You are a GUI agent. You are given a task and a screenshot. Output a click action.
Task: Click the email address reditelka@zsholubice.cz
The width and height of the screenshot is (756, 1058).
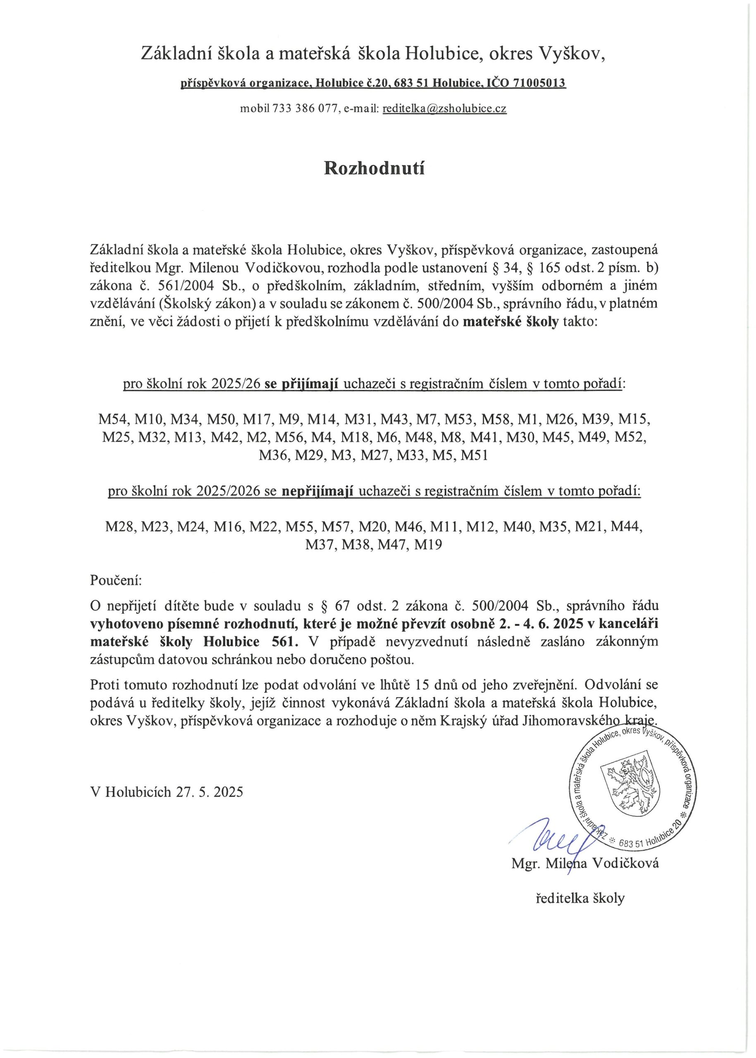[x=444, y=109]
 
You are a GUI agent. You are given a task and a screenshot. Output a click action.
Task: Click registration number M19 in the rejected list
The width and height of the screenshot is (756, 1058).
[x=428, y=544]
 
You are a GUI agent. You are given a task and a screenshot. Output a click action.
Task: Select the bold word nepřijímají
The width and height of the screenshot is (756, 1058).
[x=318, y=491]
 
